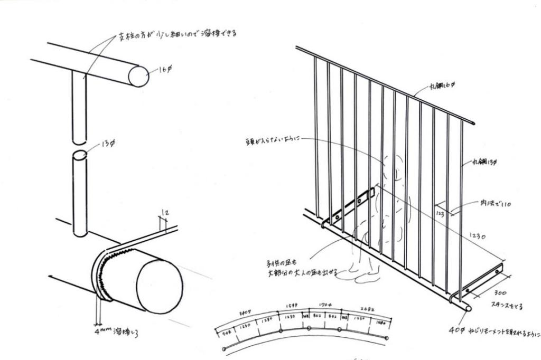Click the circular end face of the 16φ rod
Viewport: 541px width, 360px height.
point(138,76)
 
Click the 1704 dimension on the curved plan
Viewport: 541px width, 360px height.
point(326,306)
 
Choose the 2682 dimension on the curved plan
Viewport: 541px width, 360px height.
point(367,310)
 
